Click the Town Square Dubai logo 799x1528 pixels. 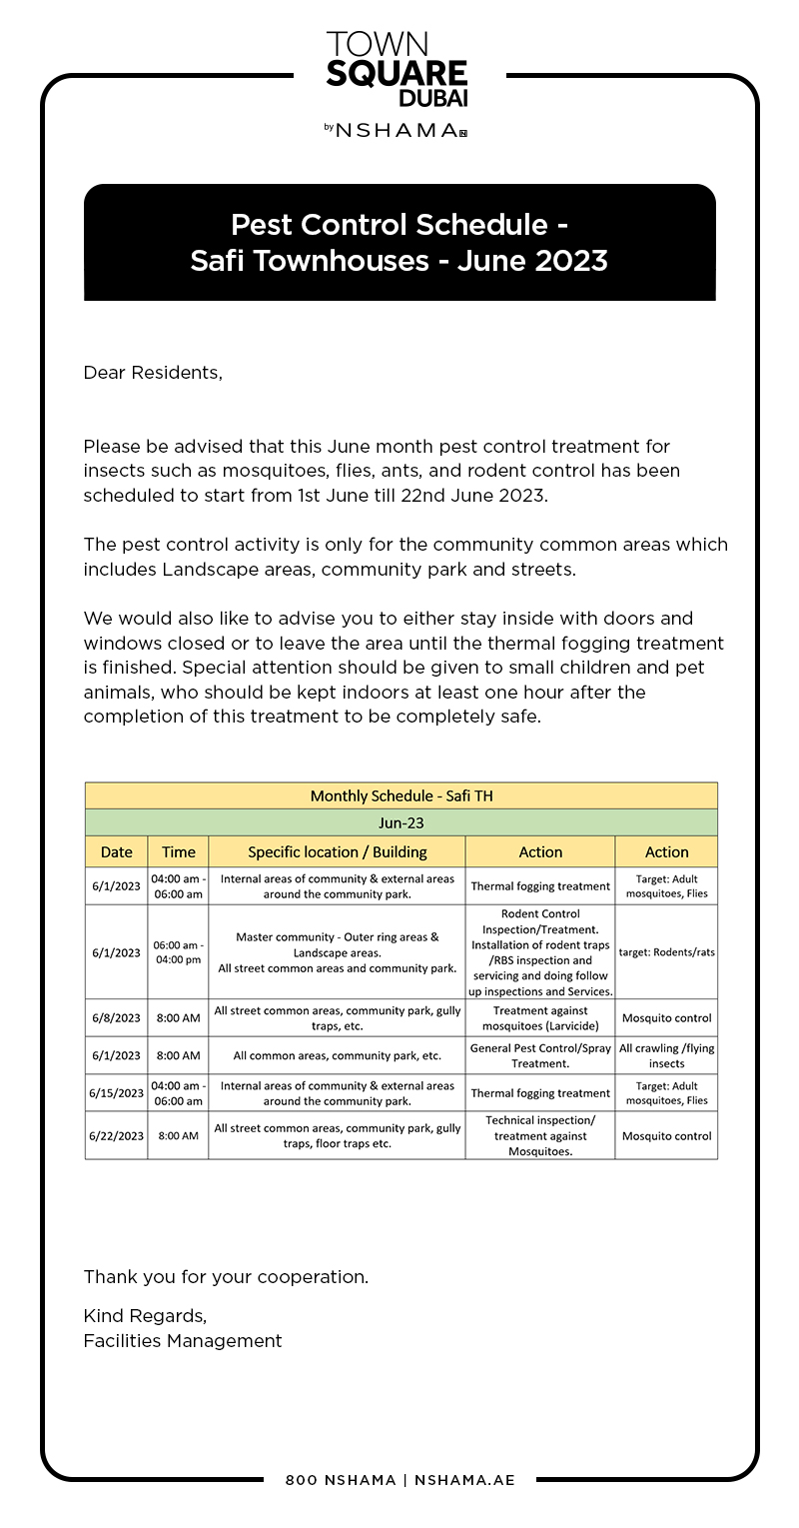(398, 68)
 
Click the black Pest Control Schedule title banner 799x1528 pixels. (399, 242)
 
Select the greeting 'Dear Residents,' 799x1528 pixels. (153, 373)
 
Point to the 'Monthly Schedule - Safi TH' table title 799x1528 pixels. (401, 795)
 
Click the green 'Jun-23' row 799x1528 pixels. (401, 823)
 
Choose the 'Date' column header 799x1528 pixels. (116, 852)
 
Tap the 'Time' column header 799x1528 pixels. (178, 852)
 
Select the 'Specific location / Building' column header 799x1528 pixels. (337, 852)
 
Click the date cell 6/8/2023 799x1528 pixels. (116, 1018)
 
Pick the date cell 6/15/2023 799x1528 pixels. (116, 1093)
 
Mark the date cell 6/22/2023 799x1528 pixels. (116, 1136)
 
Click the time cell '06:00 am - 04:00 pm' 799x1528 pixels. (178, 952)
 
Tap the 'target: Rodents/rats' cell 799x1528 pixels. (666, 952)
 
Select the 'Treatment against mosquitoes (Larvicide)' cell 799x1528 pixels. (540, 1018)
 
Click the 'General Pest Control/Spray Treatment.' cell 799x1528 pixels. (540, 1056)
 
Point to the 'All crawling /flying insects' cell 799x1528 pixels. (666, 1056)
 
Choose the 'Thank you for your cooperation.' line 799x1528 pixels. (226, 1276)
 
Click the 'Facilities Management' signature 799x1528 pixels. (183, 1341)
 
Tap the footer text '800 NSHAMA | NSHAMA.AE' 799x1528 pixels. (399, 1480)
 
